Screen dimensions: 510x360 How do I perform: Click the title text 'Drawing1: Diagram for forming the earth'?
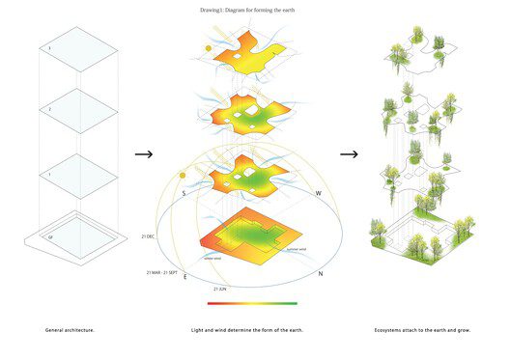[254, 10]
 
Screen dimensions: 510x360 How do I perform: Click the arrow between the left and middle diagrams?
[144, 153]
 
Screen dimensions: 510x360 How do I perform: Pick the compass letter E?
[185, 277]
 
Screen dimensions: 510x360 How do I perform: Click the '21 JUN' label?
[221, 289]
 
